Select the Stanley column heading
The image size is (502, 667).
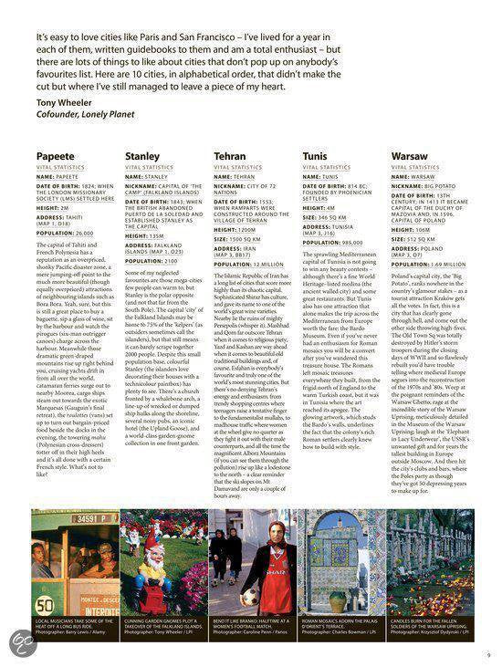tap(142, 157)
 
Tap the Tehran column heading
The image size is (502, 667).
tap(229, 157)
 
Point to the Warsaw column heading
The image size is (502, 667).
tap(409, 157)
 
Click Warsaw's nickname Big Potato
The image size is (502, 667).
tap(439, 185)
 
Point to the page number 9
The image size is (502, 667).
tap(489, 653)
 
